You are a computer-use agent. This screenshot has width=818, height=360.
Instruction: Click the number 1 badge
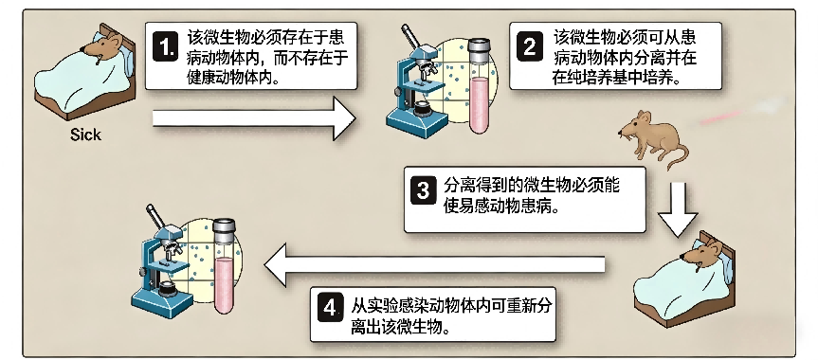tap(166, 47)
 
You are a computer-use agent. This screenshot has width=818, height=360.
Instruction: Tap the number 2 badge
tap(530, 47)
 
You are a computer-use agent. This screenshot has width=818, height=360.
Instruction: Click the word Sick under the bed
tap(85, 135)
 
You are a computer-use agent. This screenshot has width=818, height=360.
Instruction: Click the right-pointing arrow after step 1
tap(253, 118)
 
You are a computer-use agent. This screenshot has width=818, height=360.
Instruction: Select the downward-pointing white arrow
tap(678, 209)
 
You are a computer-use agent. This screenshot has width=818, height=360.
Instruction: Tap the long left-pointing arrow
tap(434, 265)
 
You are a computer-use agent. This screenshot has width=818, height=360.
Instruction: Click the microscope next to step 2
tap(418, 85)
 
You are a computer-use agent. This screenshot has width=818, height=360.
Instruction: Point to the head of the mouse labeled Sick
tap(103, 45)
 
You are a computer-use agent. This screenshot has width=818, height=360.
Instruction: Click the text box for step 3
tap(525, 199)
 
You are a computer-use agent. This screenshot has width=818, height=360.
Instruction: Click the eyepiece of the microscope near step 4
tap(155, 215)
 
